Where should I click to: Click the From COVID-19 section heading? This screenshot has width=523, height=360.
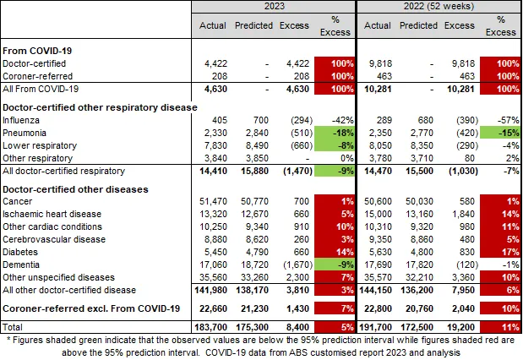[x=39, y=50]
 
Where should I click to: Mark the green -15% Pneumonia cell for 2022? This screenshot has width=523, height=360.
[x=501, y=133]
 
